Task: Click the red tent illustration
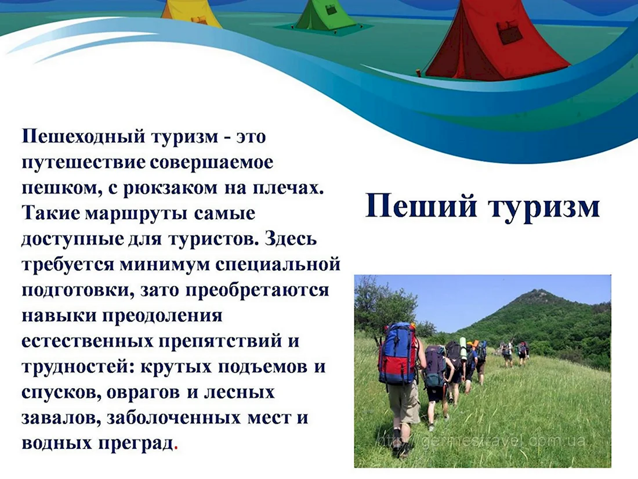494,41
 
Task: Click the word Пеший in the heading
420,207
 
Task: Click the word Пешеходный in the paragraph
84,137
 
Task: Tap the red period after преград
176,448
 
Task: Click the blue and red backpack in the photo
398,353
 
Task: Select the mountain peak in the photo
538,291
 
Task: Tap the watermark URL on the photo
482,441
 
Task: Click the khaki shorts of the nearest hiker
403,401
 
